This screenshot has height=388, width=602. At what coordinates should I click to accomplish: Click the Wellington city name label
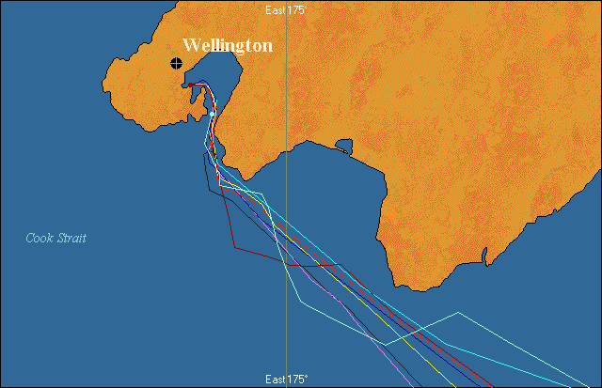228,45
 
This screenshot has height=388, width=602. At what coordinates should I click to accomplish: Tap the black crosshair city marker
176,64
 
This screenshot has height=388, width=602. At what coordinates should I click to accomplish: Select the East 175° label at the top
286,8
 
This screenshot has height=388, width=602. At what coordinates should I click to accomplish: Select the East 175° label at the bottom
286,380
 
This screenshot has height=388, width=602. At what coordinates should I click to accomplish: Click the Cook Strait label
56,239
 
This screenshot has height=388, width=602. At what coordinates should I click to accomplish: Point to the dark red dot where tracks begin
191,85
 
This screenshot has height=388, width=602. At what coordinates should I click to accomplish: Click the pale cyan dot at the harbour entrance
213,115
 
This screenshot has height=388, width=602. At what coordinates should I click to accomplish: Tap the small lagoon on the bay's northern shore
343,147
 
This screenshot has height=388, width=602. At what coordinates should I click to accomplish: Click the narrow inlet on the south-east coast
484,256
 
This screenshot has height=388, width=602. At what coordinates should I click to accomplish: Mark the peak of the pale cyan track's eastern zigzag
458,312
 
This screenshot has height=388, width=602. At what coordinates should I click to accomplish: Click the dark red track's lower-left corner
235,249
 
